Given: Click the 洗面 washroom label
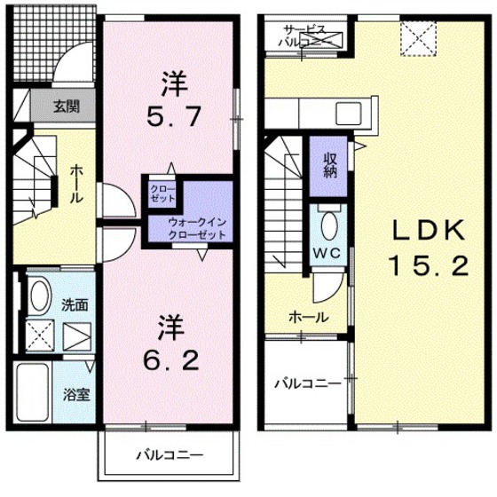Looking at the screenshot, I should [74, 304].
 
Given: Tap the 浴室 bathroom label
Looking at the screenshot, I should [74, 390].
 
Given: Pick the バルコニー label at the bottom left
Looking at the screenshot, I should [170, 455].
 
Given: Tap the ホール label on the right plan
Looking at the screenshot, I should [308, 317].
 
